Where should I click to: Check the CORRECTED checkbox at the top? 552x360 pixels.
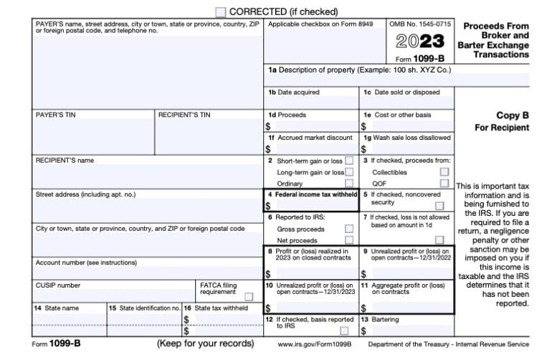[x=221, y=12]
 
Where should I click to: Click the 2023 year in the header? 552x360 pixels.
[x=422, y=41]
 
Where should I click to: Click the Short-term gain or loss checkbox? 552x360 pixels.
[x=349, y=161]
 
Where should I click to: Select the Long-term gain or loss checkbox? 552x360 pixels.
[x=349, y=172]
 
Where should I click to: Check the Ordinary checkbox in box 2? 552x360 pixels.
[x=349, y=184]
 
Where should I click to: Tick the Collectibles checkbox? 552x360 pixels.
[x=444, y=172]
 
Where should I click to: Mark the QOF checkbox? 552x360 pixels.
[x=444, y=184]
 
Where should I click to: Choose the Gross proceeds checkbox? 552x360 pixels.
[x=349, y=229]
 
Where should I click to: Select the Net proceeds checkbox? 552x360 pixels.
[x=349, y=240]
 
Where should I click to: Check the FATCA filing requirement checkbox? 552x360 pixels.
[x=248, y=296]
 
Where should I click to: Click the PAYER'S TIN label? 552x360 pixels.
[x=52, y=115]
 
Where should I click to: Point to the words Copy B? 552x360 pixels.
[x=512, y=115]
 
